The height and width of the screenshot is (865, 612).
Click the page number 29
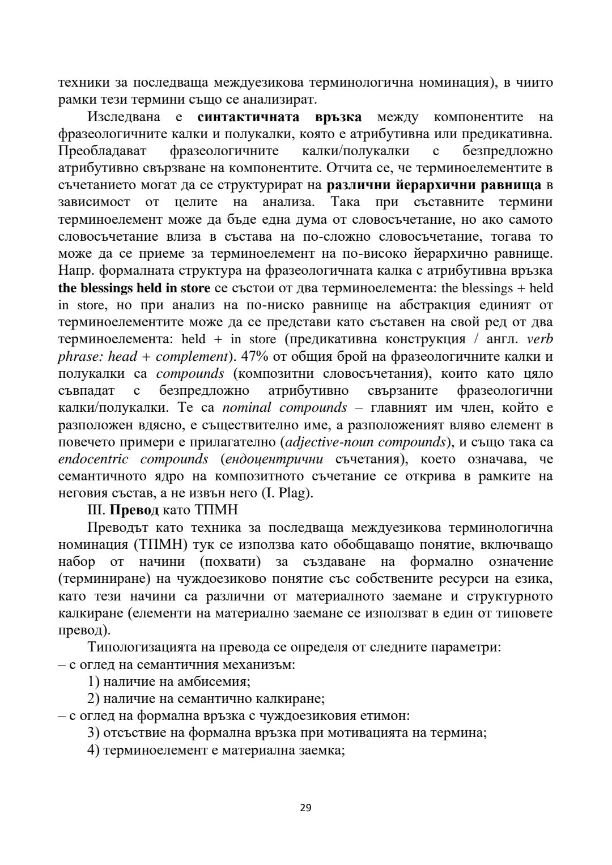pos(305,808)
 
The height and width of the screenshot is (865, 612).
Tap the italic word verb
pos(539,339)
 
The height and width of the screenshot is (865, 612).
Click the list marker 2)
pos(95,698)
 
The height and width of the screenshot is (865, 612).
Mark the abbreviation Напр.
pos(73,270)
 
